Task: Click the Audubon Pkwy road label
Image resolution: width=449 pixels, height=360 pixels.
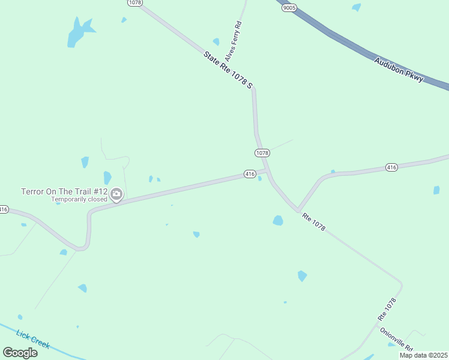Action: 399,70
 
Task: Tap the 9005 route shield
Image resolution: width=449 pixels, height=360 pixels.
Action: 289,8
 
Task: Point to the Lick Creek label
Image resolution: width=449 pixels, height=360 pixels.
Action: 33,340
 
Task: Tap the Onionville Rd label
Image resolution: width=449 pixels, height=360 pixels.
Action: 396,339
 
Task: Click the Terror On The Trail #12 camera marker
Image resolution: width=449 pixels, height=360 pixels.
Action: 116,194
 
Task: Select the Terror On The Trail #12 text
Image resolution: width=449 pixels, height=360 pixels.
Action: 64,191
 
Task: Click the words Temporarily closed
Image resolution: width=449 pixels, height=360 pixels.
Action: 79,199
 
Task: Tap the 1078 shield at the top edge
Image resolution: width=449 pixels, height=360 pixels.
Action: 134,3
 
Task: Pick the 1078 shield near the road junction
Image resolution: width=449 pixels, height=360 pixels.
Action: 262,153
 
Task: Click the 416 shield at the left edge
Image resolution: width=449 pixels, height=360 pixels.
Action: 3,209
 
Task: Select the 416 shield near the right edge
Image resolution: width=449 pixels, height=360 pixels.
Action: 391,167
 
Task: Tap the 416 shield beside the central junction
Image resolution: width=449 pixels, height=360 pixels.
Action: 250,174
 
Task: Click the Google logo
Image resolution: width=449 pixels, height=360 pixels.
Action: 20,352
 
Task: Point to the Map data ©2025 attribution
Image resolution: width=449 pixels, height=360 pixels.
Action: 423,355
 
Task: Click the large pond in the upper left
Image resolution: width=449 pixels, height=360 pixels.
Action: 79,32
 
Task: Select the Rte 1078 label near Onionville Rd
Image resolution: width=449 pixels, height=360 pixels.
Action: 387,308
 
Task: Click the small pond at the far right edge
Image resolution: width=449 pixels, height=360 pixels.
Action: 436,190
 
